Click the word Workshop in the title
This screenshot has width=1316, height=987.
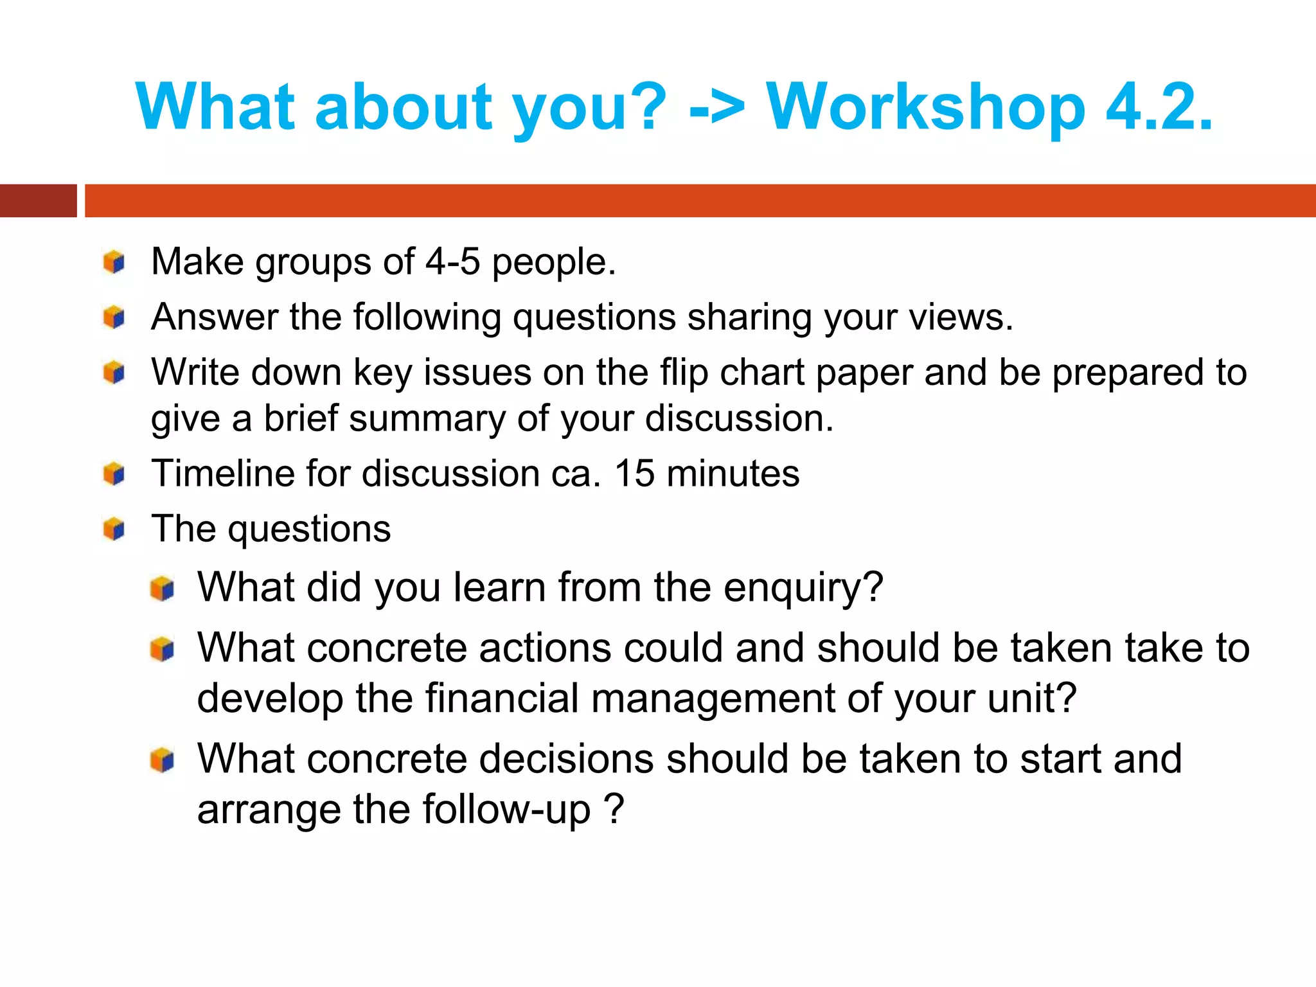(925, 108)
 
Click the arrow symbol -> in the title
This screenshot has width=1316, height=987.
(716, 108)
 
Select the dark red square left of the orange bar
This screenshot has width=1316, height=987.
(38, 200)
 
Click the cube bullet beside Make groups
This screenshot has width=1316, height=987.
(114, 262)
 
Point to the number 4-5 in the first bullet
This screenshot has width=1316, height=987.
(452, 262)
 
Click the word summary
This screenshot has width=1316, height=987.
(427, 419)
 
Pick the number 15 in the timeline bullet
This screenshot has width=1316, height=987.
(634, 474)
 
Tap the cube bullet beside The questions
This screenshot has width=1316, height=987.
(114, 529)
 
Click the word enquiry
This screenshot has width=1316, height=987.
(803, 588)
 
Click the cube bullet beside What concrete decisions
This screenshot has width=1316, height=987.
(162, 760)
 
